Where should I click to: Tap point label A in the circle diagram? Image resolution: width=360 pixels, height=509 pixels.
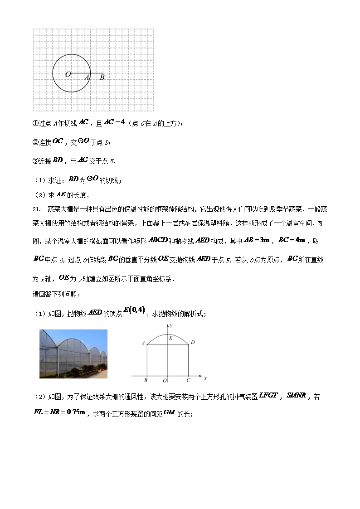click(x=87, y=78)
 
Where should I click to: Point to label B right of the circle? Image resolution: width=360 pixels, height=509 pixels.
click(x=102, y=78)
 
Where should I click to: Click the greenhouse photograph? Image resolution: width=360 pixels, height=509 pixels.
click(x=73, y=354)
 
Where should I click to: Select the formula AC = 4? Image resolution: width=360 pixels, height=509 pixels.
click(x=114, y=122)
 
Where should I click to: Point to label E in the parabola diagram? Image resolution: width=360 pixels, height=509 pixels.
click(x=170, y=338)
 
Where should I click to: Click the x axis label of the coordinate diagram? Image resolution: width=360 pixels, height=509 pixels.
click(x=205, y=378)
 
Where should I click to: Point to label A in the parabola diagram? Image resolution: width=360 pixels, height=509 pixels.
click(x=143, y=344)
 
